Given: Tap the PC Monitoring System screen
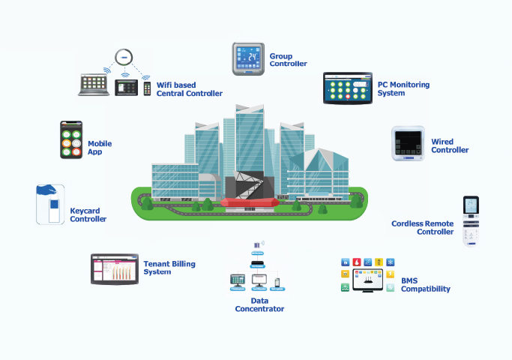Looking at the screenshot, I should tap(349, 88).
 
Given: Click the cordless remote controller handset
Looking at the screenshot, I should tap(471, 220).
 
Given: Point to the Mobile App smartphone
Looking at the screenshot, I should tap(71, 140).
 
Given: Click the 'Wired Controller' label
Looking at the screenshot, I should tap(450, 145).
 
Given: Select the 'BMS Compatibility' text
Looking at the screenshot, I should tap(425, 285).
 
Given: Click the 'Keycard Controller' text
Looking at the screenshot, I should tap(88, 215).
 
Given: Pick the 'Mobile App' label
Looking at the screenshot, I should tap(100, 148).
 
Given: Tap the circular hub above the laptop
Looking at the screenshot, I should tap(123, 56).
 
